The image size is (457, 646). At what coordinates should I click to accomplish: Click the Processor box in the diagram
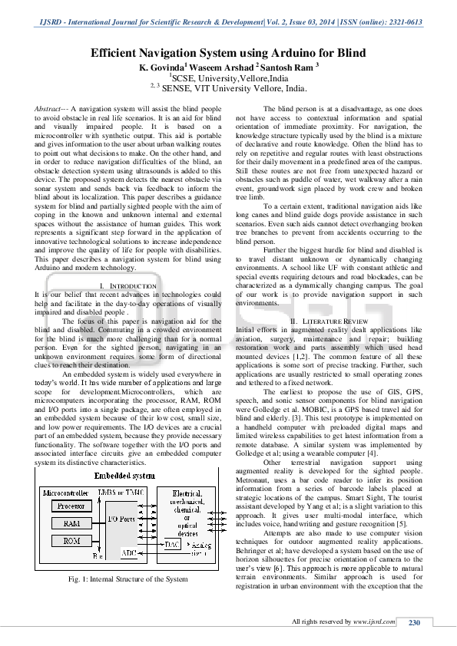pyautogui.click(x=71, y=506)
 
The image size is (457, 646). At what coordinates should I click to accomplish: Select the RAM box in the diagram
pyautogui.click(x=71, y=523)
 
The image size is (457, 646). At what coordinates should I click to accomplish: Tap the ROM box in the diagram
pyautogui.click(x=71, y=541)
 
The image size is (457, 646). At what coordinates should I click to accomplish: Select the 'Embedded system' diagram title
pyautogui.click(x=123, y=476)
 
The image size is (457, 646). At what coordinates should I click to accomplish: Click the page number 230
pyautogui.click(x=414, y=622)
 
